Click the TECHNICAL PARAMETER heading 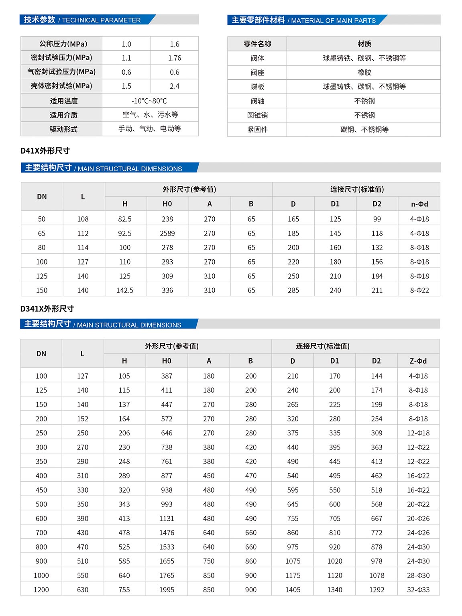(x=82, y=20)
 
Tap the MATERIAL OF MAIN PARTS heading (x=303, y=20)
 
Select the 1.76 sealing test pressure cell (x=175, y=58)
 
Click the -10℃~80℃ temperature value (x=149, y=101)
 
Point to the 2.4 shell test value (x=175, y=86)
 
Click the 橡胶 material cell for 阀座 (x=364, y=73)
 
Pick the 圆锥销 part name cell (x=257, y=115)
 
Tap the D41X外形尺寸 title (x=45, y=151)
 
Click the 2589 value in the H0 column (x=167, y=233)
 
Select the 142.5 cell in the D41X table (x=125, y=290)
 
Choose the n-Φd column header (x=419, y=204)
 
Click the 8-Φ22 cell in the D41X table (x=419, y=290)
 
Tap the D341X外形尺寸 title (x=47, y=309)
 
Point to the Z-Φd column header (x=418, y=361)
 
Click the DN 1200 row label (x=41, y=590)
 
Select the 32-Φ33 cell (x=418, y=590)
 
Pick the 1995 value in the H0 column (x=167, y=590)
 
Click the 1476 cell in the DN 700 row (x=167, y=533)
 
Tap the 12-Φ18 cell (x=418, y=433)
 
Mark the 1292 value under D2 (x=377, y=590)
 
